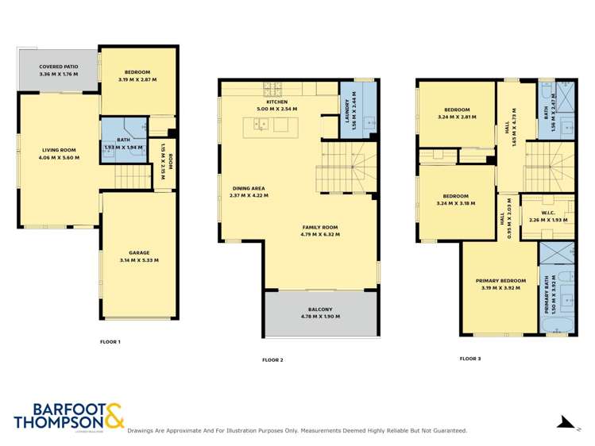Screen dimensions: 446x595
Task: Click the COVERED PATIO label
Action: pyautogui.click(x=56, y=67)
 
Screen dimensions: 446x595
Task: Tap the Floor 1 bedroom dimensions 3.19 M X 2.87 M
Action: pyautogui.click(x=138, y=80)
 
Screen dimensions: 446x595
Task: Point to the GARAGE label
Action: pyautogui.click(x=139, y=252)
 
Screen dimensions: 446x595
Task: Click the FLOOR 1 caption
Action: pyautogui.click(x=110, y=341)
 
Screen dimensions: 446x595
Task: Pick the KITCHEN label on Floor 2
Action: pyautogui.click(x=276, y=102)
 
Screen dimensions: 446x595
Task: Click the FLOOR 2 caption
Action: pyautogui.click(x=272, y=359)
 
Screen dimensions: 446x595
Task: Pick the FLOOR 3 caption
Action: pyautogui.click(x=470, y=359)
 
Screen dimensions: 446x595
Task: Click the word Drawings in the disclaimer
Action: pyautogui.click(x=143, y=431)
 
